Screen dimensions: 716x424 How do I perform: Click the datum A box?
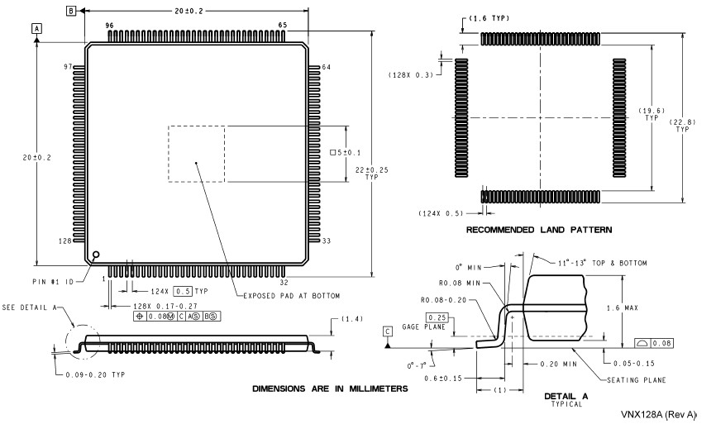tap(36, 28)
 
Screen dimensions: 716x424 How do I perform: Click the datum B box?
tap(71, 11)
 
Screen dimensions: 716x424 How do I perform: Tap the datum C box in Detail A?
tap(388, 331)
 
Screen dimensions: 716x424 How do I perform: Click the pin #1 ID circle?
tap(96, 255)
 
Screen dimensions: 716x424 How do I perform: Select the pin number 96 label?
tap(110, 26)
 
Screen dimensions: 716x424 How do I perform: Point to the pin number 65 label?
tap(282, 25)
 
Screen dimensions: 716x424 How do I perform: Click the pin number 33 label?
tap(327, 241)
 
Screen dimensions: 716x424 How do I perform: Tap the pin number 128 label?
tap(64, 241)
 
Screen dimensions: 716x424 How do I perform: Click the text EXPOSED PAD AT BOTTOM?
tap(291, 296)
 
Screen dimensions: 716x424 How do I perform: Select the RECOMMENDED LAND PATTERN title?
tap(539, 230)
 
